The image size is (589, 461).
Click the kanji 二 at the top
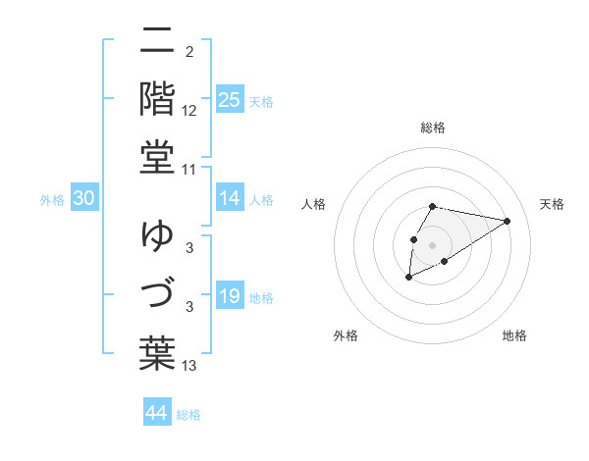point(157,41)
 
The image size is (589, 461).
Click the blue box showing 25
point(229,100)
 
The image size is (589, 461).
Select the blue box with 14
point(229,199)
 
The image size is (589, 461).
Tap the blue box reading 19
point(229,297)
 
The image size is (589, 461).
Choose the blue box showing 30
point(83,199)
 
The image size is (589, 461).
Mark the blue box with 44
point(156,414)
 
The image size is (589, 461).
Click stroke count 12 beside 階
point(189,111)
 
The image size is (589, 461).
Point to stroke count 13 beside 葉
point(189,366)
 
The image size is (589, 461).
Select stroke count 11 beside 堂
point(189,170)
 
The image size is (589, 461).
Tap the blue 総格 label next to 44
point(188,415)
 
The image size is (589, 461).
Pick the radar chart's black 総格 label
point(433,128)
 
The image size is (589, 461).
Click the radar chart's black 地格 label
point(514,335)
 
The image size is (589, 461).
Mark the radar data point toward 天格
point(509,221)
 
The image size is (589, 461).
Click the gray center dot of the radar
point(433,244)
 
